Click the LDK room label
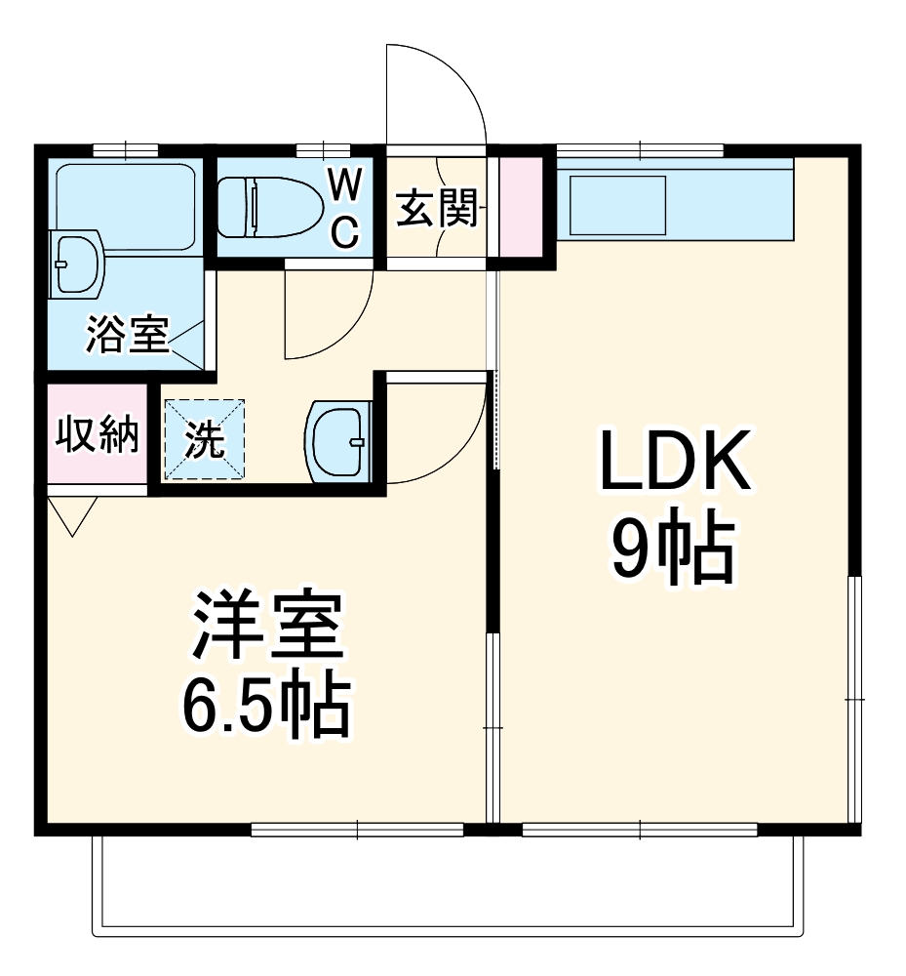coord(674,461)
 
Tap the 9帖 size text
coord(672,551)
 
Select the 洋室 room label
coord(266,628)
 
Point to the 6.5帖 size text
coord(265,705)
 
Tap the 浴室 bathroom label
coord(127,335)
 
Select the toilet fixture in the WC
coord(269,207)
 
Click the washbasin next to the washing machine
coord(338,441)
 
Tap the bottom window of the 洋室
coord(357,830)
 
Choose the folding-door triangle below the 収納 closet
coord(72,515)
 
